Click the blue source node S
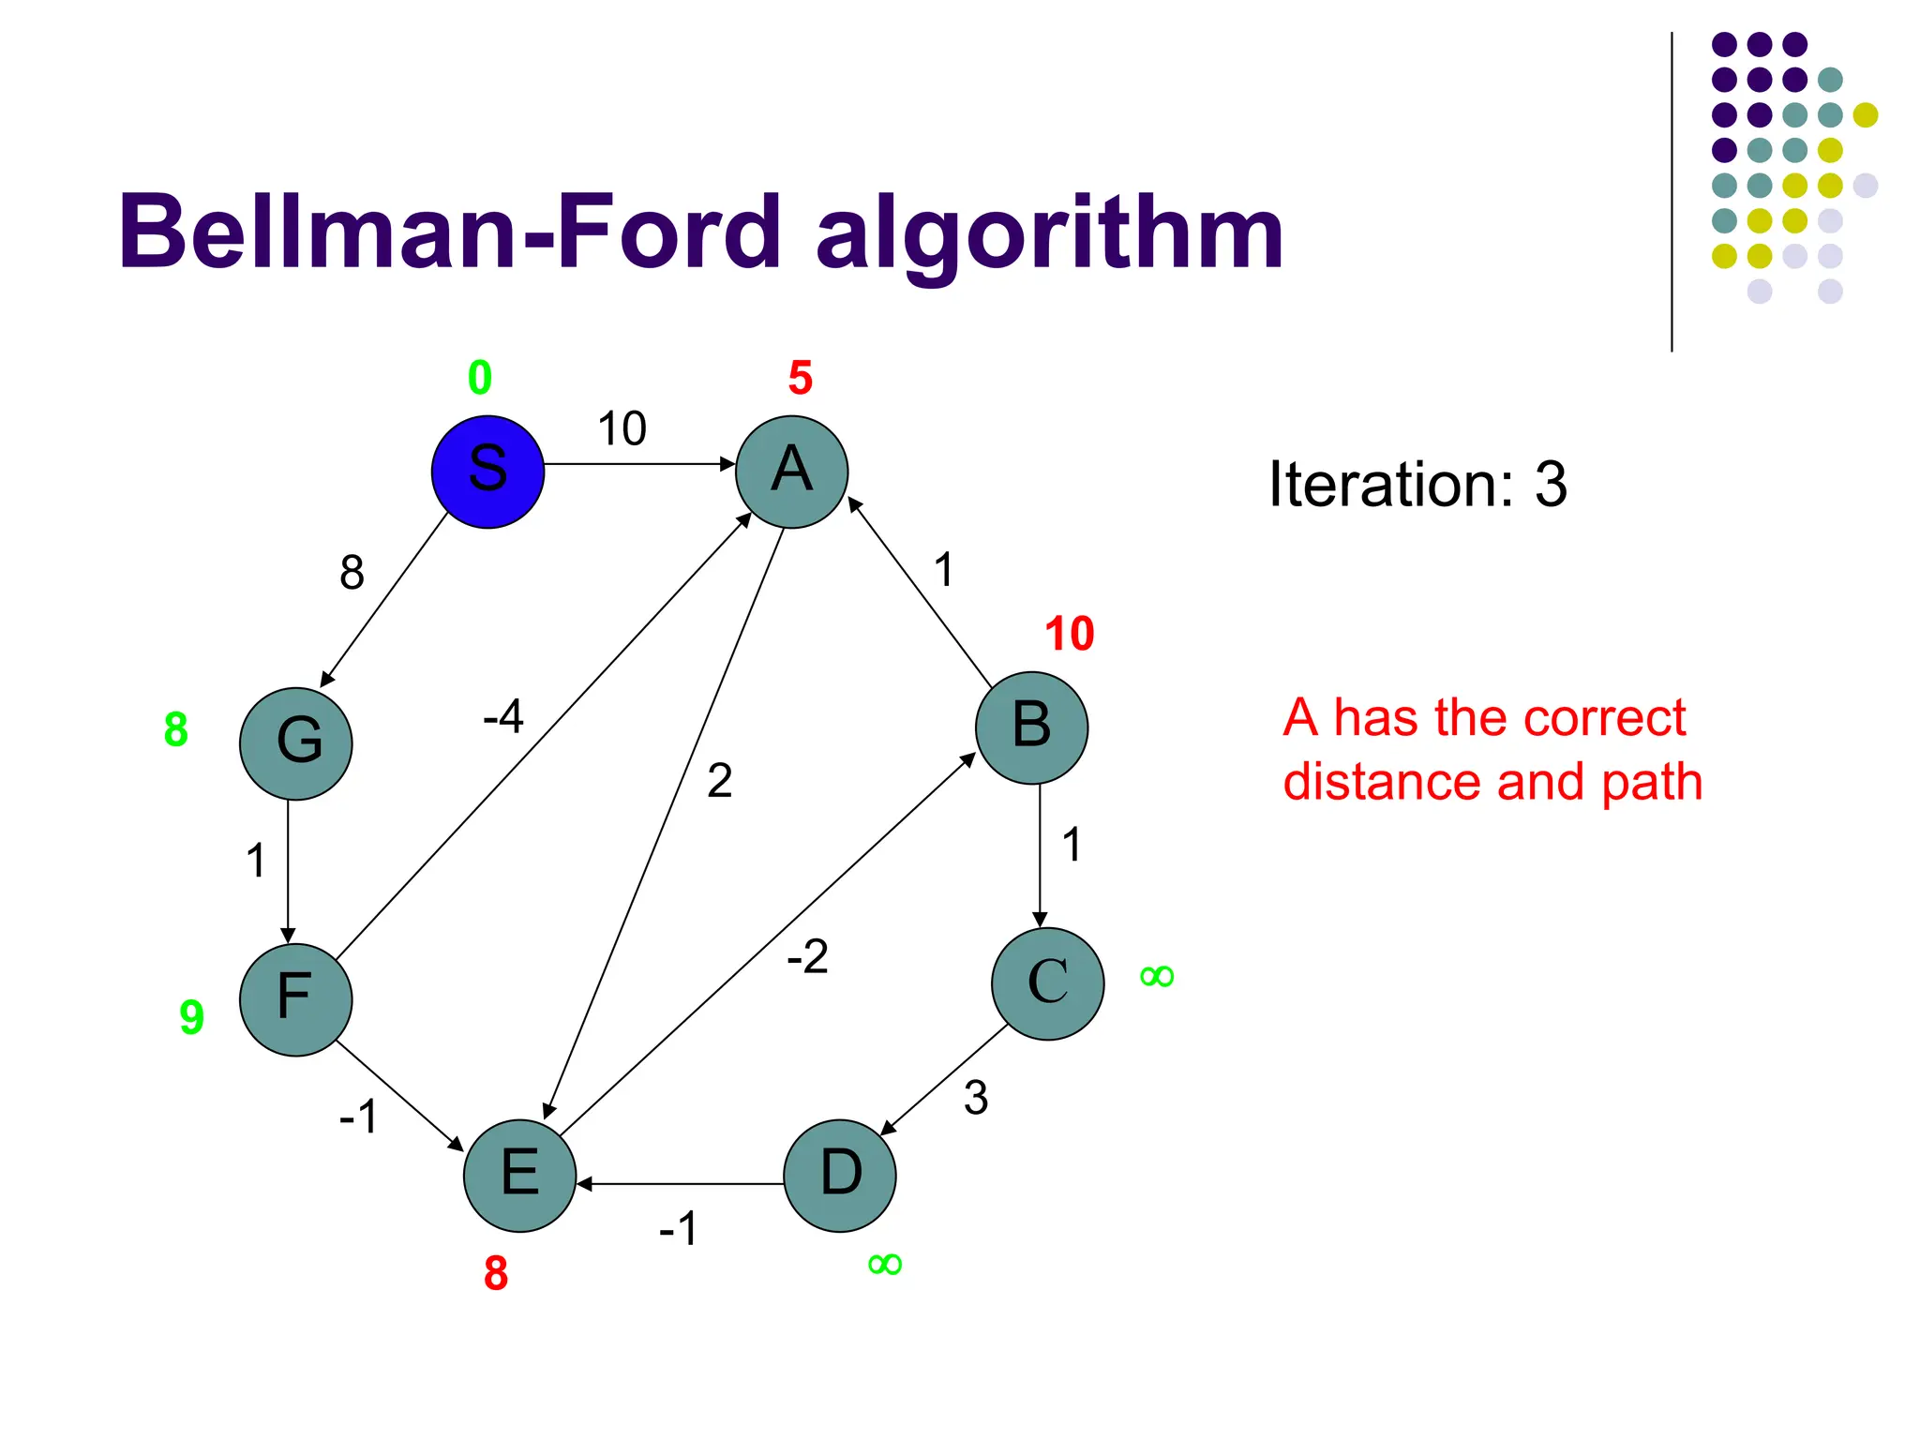click(x=487, y=472)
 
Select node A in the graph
click(x=791, y=472)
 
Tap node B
click(x=1031, y=727)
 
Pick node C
click(x=1047, y=983)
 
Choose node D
click(x=840, y=1175)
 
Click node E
click(x=519, y=1175)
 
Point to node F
click(x=295, y=999)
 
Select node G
click(x=295, y=743)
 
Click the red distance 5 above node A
click(x=800, y=378)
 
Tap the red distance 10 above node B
click(x=1069, y=634)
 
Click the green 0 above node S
click(x=479, y=378)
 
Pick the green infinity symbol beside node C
click(x=1156, y=977)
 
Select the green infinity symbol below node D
click(x=884, y=1264)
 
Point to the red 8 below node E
click(x=495, y=1273)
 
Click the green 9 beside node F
click(x=191, y=1016)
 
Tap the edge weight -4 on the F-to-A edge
click(x=502, y=717)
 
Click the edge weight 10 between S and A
click(x=622, y=429)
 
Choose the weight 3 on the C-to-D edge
click(x=975, y=1098)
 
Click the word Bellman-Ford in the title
click(x=450, y=232)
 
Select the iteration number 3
click(x=1551, y=485)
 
